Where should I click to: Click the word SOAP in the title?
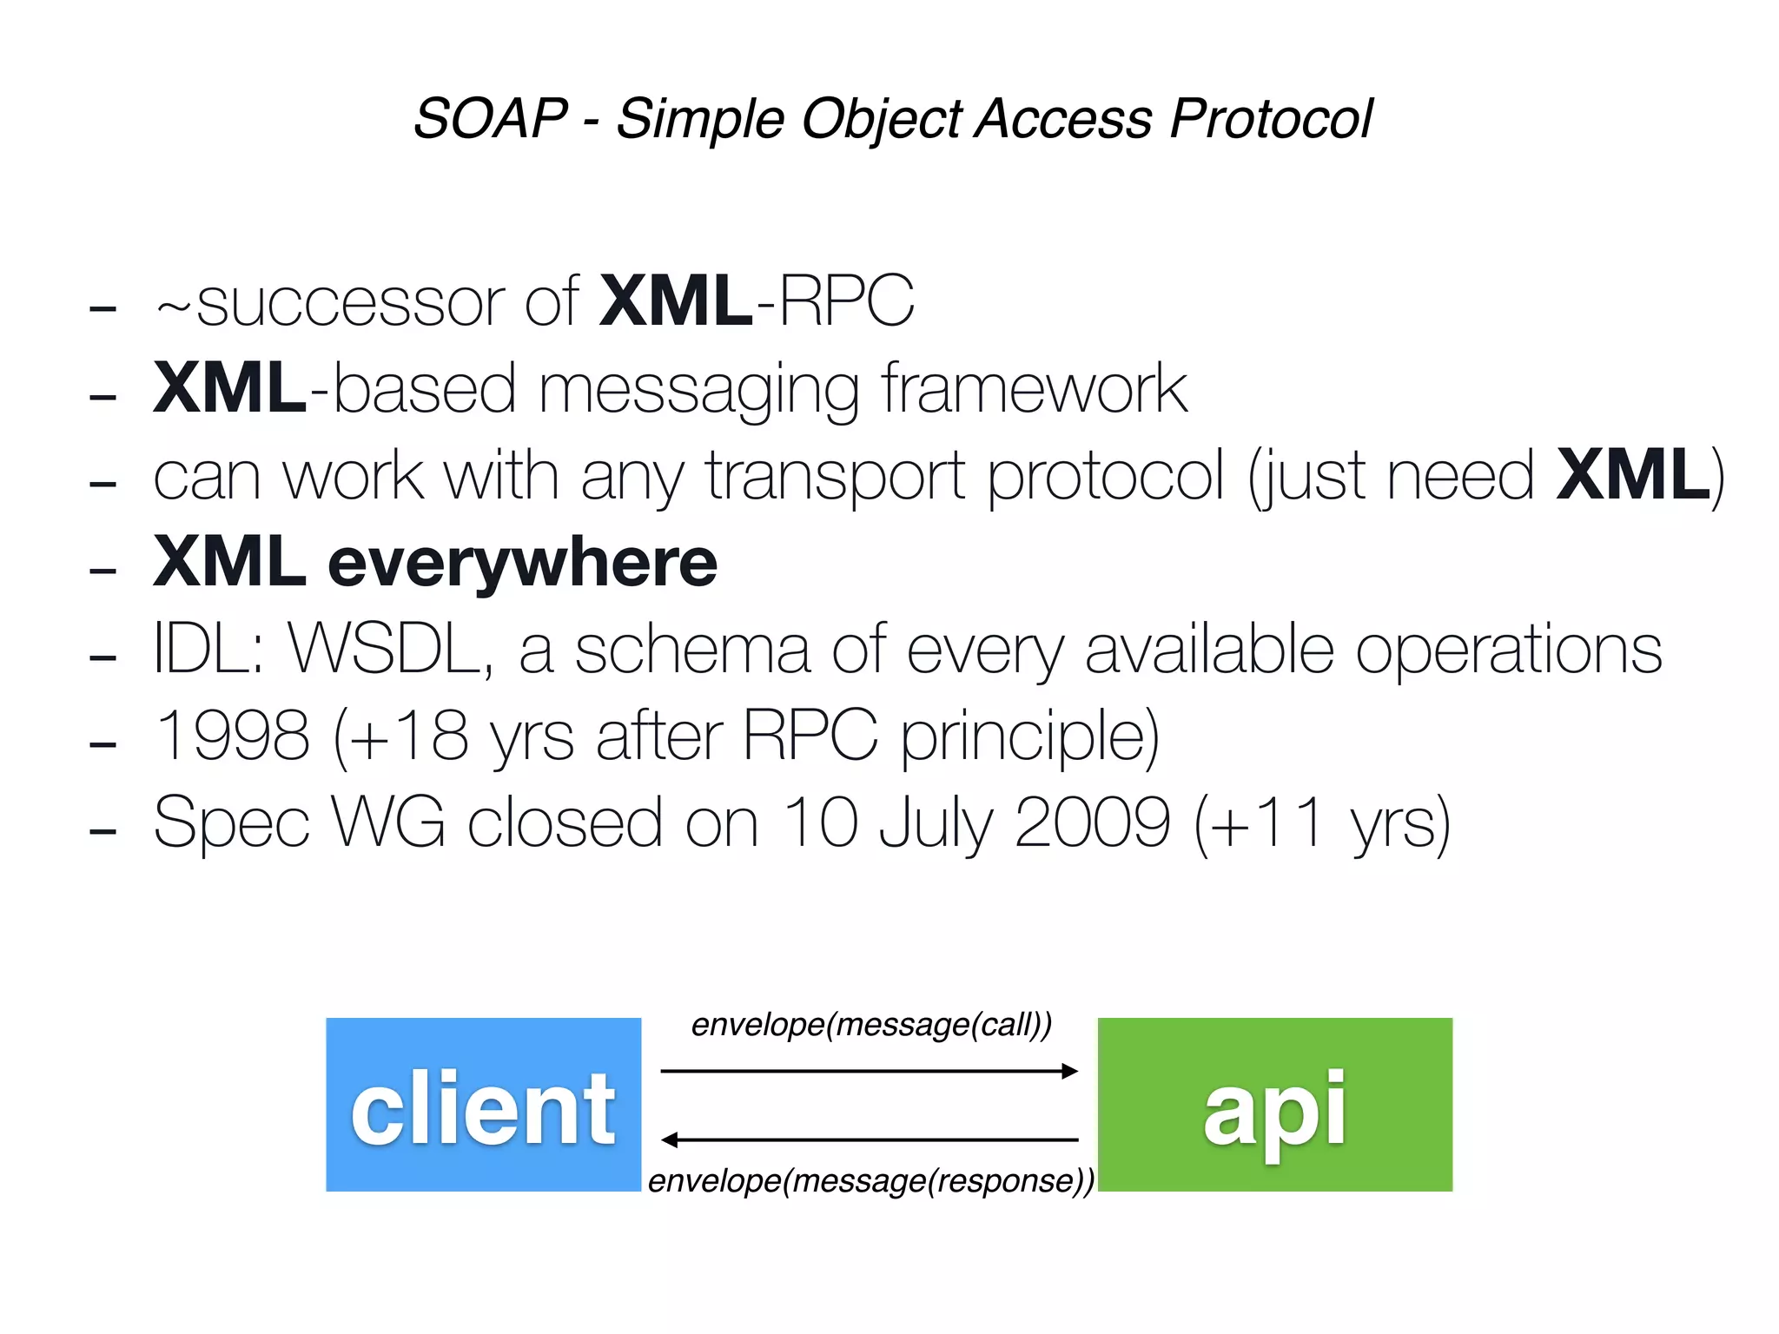(491, 118)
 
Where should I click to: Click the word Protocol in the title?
(1271, 118)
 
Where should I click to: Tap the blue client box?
(483, 1104)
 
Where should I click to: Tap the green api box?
(1274, 1104)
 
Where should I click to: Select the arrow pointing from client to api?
(869, 1071)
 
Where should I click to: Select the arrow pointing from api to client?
(869, 1139)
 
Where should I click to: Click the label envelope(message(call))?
(871, 1025)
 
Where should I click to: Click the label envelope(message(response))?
(871, 1181)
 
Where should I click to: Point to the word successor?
(351, 302)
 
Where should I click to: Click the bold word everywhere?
(522, 563)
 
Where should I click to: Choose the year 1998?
(232, 736)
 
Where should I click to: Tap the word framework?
(1034, 389)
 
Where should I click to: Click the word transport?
(834, 476)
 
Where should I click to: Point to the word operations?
(1509, 649)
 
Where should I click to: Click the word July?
(935, 822)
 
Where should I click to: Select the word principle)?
(1029, 736)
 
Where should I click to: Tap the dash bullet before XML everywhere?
(103, 571)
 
